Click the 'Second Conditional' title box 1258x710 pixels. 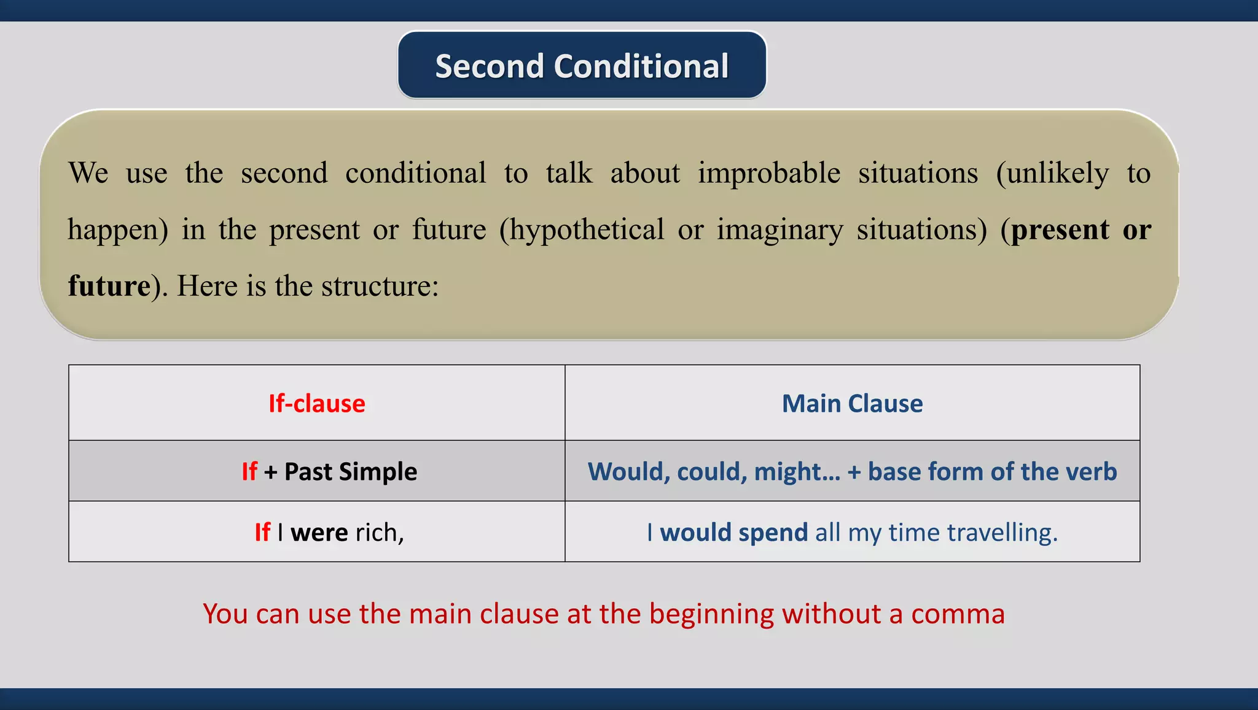582,66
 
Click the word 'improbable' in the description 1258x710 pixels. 768,173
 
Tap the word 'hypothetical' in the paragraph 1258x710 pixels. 582,230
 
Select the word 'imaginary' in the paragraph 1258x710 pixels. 779,230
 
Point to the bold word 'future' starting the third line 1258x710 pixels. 109,286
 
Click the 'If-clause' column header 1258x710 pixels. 316,404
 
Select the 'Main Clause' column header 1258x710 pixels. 852,404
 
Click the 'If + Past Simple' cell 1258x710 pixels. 329,471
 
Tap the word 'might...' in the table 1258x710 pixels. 797,471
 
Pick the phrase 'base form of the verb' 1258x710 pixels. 992,471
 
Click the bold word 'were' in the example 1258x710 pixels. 319,532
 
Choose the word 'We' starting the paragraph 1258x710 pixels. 88,173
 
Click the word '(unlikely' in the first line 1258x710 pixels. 1052,173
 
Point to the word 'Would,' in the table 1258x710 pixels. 628,471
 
